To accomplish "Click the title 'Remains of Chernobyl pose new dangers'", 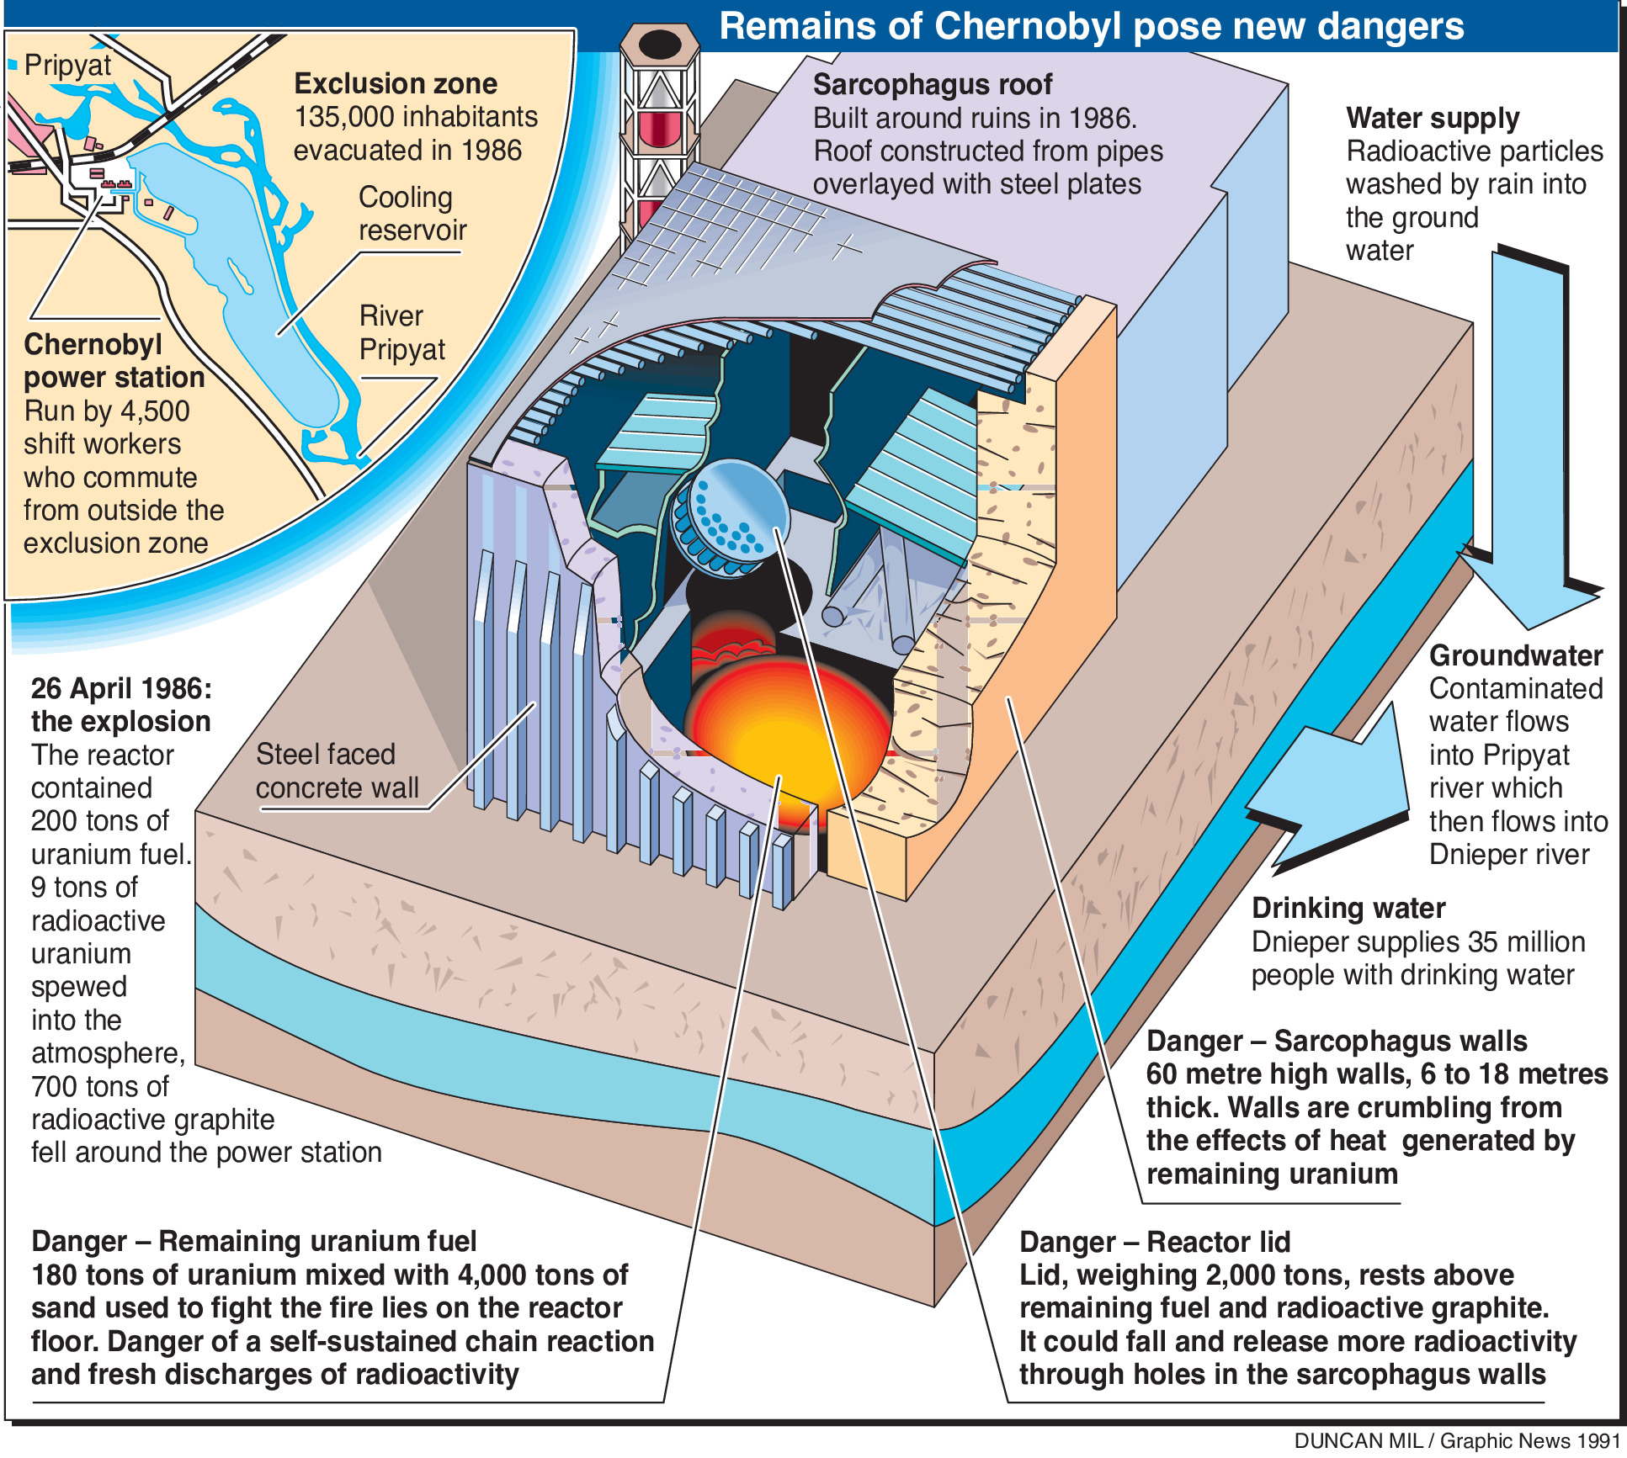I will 1091,27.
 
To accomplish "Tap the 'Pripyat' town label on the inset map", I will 67,65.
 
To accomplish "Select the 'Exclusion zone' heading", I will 395,84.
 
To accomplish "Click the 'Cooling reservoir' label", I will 412,214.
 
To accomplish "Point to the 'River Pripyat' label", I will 401,332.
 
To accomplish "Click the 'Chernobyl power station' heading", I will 114,361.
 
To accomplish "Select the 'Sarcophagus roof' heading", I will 932,85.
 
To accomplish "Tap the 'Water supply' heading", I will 1432,119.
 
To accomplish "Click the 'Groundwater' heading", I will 1515,655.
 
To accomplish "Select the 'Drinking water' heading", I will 1348,909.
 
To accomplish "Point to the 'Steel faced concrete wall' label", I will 337,771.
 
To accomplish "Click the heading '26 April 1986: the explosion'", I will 121,705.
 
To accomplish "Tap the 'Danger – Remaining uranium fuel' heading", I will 253,1242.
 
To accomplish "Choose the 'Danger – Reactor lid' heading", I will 1154,1242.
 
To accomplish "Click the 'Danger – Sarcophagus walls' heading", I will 1336,1042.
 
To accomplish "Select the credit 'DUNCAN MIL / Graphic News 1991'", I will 1456,1441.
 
